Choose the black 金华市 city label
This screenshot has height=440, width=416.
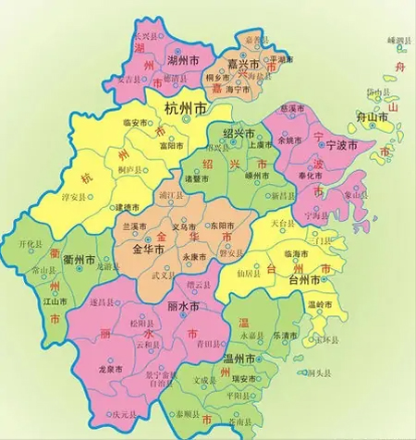[148, 250]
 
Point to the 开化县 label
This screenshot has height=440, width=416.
[32, 243]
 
